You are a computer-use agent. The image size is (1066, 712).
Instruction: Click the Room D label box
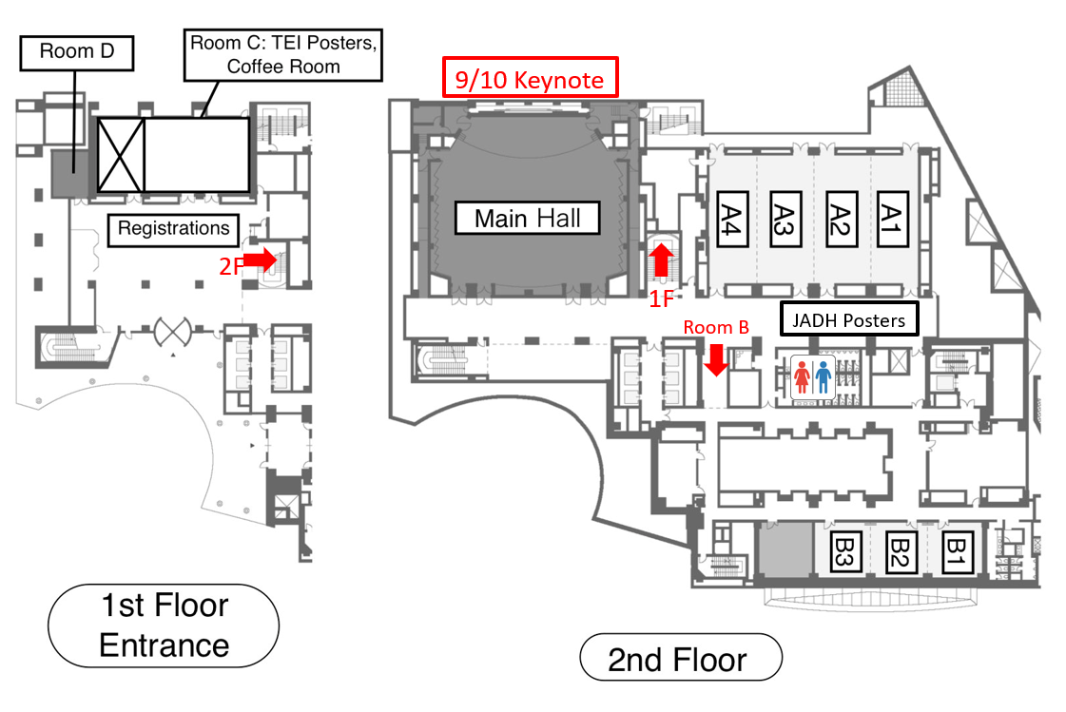(x=77, y=51)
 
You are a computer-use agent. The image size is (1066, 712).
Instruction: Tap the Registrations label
(x=173, y=228)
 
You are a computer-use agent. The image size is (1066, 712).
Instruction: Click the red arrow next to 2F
(x=261, y=260)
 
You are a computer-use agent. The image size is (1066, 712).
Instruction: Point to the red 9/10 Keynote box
(x=530, y=80)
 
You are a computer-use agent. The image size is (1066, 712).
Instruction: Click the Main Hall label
(x=528, y=219)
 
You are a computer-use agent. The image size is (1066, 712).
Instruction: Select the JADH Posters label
(x=850, y=320)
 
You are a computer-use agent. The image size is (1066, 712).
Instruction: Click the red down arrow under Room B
(x=715, y=360)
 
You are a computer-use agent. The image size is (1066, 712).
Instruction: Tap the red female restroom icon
(x=803, y=377)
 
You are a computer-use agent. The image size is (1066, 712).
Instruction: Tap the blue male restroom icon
(x=823, y=377)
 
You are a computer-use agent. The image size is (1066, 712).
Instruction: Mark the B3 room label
(x=845, y=551)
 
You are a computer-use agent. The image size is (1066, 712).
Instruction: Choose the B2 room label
(x=900, y=551)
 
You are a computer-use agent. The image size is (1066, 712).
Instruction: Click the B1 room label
(x=954, y=551)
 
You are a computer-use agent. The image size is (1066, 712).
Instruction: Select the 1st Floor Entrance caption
(x=164, y=625)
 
